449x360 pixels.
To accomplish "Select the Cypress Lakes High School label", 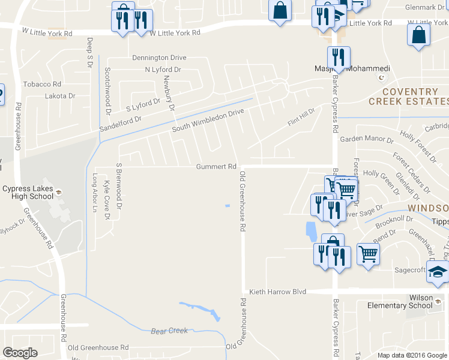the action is tap(28, 192).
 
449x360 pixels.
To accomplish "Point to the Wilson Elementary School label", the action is tap(401, 301).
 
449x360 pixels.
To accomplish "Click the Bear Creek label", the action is tap(169, 331).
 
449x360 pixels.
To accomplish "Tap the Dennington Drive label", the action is tap(159, 58).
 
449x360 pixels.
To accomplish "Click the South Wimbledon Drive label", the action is tap(208, 121).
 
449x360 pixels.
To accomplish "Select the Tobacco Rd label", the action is tap(42, 85).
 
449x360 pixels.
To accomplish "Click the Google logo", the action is tap(20, 353).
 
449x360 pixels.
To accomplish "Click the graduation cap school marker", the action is tap(437, 272).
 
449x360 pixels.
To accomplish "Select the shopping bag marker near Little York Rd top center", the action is tap(280, 11).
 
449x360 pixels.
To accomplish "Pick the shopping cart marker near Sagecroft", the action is tap(368, 253).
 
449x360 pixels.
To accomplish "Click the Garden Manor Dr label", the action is tap(366, 139).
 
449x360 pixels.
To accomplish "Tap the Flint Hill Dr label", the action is tap(301, 119).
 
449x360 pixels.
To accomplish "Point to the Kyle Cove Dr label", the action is tap(107, 200).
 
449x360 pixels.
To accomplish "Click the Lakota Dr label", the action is tap(60, 95).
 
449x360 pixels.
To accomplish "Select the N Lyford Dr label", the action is tap(163, 70).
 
